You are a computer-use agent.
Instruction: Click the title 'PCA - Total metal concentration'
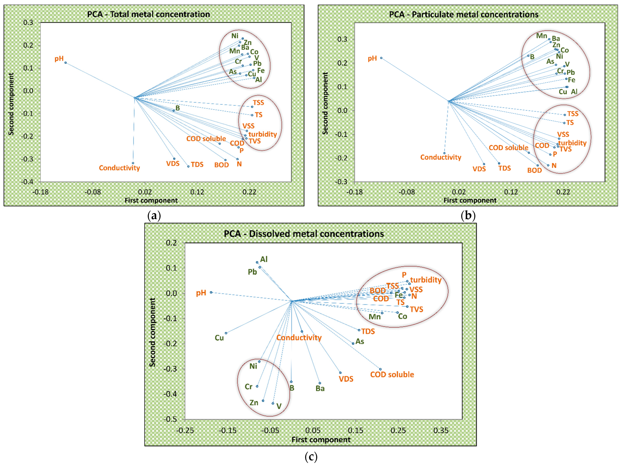(x=148, y=14)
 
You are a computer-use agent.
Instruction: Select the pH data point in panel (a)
(x=66, y=63)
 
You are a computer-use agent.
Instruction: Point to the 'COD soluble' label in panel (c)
(x=392, y=375)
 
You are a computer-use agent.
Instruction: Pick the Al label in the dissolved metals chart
(x=264, y=259)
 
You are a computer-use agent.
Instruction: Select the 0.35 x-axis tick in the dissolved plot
(x=441, y=431)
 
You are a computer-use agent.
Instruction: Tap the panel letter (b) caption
(x=468, y=216)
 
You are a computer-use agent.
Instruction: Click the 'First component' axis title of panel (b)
(x=470, y=200)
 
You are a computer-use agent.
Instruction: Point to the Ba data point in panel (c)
(x=320, y=383)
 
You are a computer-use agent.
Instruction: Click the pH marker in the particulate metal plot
(x=381, y=58)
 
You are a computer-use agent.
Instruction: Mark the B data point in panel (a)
(x=174, y=111)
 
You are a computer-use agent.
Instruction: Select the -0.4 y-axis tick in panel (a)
(x=27, y=182)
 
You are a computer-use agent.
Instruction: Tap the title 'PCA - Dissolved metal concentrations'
(x=304, y=234)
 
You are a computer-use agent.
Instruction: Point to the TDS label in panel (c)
(x=368, y=331)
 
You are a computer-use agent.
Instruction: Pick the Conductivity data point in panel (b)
(x=444, y=153)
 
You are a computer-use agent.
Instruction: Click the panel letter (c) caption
(x=311, y=457)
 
